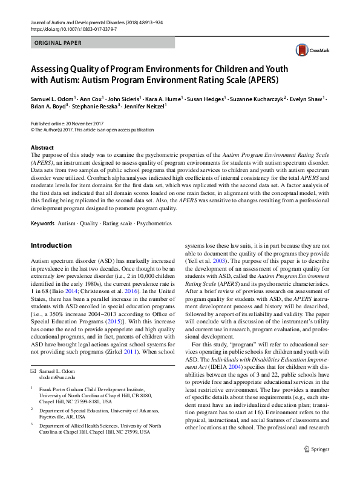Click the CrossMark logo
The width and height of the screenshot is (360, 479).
306,50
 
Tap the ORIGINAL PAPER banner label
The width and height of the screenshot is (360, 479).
59,43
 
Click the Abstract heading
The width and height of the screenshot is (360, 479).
43,148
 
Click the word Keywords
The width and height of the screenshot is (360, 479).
42,223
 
